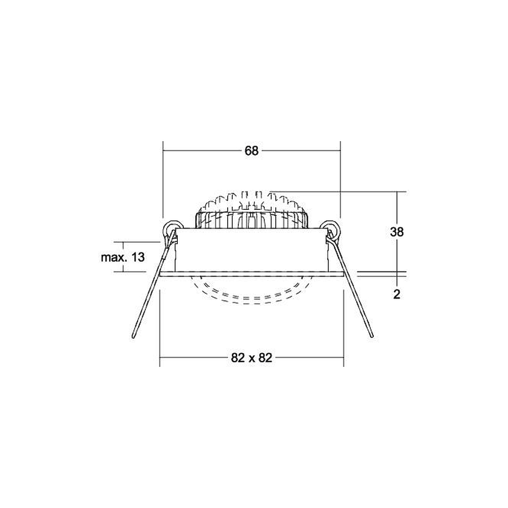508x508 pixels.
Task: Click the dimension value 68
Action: tap(251, 151)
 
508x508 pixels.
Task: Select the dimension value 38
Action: tap(397, 232)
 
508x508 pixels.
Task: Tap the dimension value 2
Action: tap(397, 294)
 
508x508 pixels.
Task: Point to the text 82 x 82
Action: tap(252, 358)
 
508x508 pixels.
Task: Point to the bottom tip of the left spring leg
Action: tap(133, 337)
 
